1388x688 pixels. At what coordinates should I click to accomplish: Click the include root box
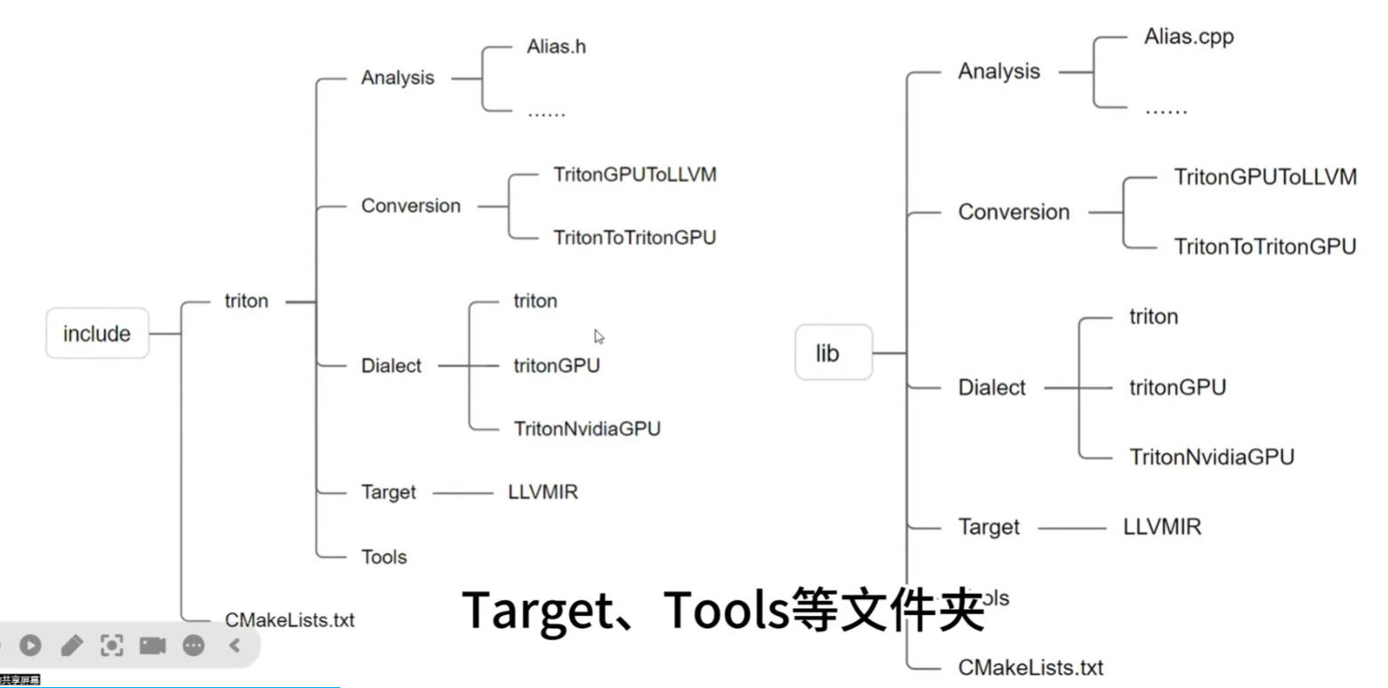pos(97,334)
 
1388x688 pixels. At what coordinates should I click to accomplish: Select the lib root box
pos(827,353)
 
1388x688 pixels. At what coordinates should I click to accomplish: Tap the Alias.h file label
pos(556,46)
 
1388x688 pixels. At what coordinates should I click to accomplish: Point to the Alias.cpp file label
pos(1189,37)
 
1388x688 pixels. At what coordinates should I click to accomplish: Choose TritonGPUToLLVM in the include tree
pos(634,174)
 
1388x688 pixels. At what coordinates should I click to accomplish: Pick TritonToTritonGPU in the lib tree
pos(1264,247)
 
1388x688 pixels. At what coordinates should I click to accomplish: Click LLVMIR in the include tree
pos(542,491)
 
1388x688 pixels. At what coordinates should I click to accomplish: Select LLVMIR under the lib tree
pos(1162,527)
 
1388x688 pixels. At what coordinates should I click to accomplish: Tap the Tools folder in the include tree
pos(384,557)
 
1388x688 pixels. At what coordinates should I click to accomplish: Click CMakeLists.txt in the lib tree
pos(1031,667)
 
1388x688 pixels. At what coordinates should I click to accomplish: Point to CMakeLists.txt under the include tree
pos(290,620)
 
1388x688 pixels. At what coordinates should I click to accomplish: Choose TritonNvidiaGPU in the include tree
pos(587,429)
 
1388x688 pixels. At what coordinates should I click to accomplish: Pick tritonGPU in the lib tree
pos(1177,387)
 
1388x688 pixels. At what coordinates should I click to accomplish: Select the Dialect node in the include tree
pos(391,366)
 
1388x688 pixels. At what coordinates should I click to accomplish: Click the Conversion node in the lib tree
pos(1014,213)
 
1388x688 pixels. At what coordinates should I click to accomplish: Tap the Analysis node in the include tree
pos(397,78)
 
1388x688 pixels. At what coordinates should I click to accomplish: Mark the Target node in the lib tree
pos(989,527)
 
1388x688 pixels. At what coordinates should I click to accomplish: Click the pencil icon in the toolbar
pos(71,645)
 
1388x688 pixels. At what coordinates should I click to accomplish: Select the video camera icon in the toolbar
pos(152,645)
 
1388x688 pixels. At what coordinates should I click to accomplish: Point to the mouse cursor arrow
pos(599,336)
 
